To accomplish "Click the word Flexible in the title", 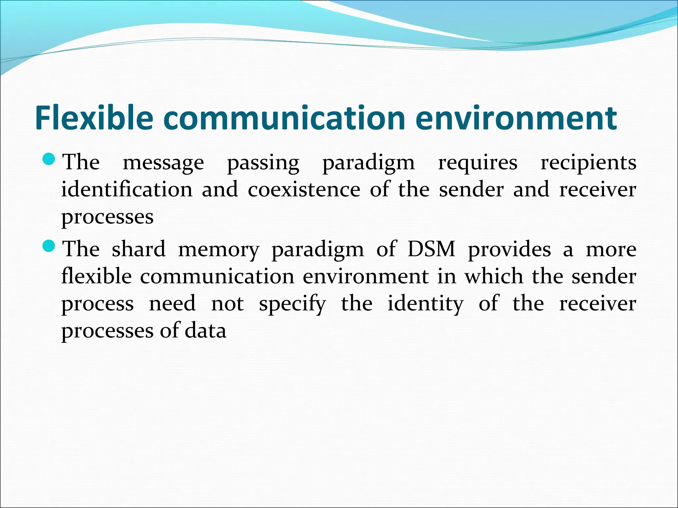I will point(94,118).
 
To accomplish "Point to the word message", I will point(163,163).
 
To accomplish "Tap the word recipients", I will point(588,163).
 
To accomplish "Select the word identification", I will point(127,190).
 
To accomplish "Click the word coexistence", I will point(304,190).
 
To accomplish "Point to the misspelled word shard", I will point(138,249).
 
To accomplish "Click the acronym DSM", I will point(431,249).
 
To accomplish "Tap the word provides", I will point(509,250).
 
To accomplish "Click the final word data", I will point(205,330).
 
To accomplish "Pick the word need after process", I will point(172,303).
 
